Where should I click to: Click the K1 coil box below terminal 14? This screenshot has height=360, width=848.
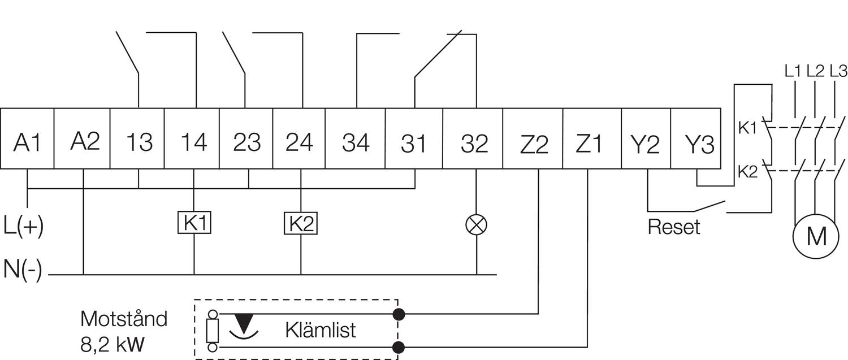click(x=194, y=223)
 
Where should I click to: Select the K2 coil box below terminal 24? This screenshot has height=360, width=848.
click(x=300, y=223)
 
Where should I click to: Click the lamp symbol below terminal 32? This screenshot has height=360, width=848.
click(x=476, y=224)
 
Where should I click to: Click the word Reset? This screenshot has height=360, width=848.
click(x=673, y=227)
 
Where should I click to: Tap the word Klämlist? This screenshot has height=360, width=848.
click(x=321, y=329)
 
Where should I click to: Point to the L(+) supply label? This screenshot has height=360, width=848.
click(x=23, y=225)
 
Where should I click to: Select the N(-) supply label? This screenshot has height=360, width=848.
click(x=23, y=269)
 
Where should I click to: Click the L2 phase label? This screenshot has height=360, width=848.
click(x=815, y=71)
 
